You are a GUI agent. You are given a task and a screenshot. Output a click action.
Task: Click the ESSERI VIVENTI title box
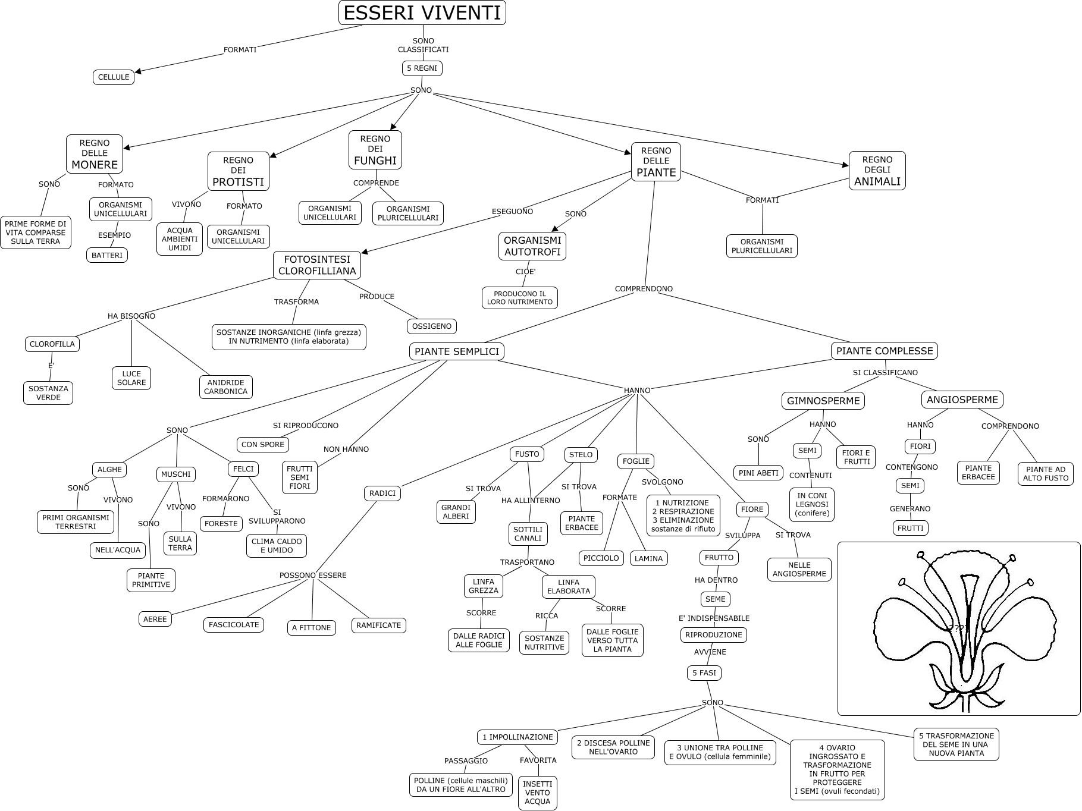coord(422,12)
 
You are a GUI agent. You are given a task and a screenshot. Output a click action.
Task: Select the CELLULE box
coord(114,77)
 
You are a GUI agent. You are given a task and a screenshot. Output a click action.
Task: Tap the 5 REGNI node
coord(422,68)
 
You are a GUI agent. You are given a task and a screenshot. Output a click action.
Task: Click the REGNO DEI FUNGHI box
coord(375,150)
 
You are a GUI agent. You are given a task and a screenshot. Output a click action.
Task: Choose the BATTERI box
coord(107,256)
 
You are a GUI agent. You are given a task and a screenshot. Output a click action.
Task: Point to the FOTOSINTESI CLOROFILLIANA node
coord(317,265)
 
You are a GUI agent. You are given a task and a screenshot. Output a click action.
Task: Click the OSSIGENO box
coord(432,326)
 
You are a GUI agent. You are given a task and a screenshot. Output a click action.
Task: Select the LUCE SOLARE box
coord(131,378)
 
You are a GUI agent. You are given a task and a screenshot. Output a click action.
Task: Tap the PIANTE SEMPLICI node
coord(457,351)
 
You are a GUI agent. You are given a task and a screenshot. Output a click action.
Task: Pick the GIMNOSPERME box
coord(823,401)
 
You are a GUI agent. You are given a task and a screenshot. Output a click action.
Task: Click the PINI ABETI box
coord(758,473)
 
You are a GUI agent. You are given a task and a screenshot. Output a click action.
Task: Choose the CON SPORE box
coord(263,445)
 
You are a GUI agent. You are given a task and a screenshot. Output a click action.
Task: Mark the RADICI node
coord(382,493)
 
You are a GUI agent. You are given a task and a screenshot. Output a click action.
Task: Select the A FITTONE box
coord(312,628)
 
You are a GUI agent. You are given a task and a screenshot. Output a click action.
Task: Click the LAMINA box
coord(648,558)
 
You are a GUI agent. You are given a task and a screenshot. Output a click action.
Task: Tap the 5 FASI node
coord(704,673)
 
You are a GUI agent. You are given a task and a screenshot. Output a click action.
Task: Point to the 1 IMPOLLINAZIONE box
coord(518,737)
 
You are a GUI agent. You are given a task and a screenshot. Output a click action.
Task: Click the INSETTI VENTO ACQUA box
coord(538,793)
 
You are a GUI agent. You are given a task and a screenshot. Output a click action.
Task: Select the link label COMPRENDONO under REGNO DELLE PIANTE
coord(644,289)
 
